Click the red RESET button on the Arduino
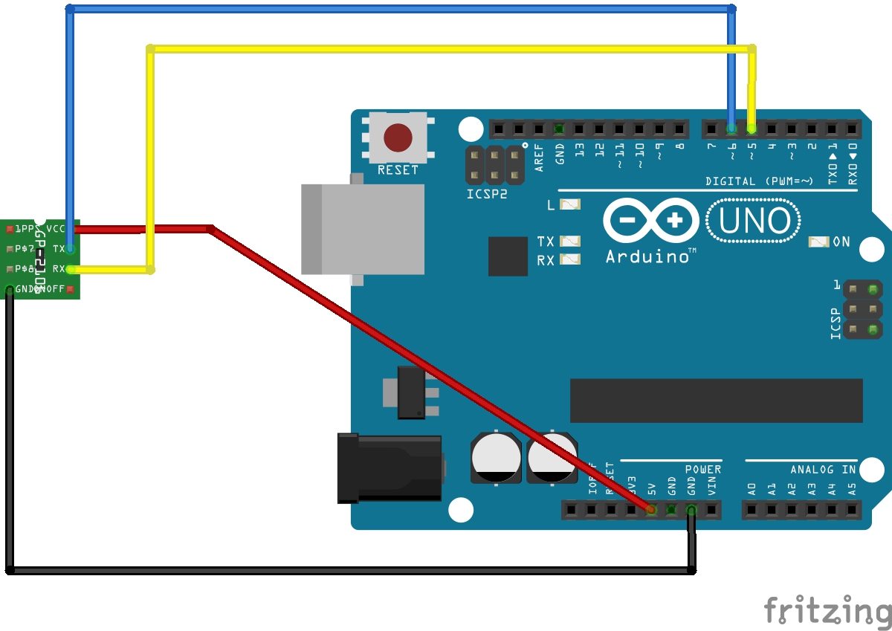click(x=398, y=137)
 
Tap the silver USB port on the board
click(x=363, y=229)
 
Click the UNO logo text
click(x=752, y=221)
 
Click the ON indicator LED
click(x=818, y=242)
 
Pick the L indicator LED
click(x=570, y=204)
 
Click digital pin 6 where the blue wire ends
click(x=732, y=129)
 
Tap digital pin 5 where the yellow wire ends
click(x=752, y=129)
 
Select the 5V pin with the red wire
click(x=651, y=510)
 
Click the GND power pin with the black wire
click(x=691, y=510)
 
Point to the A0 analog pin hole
click(x=752, y=510)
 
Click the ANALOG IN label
click(x=823, y=470)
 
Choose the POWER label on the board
click(x=702, y=470)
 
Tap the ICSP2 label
click(x=487, y=195)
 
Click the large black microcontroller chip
click(x=716, y=401)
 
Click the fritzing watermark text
click(x=827, y=611)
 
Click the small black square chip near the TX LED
click(x=508, y=256)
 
